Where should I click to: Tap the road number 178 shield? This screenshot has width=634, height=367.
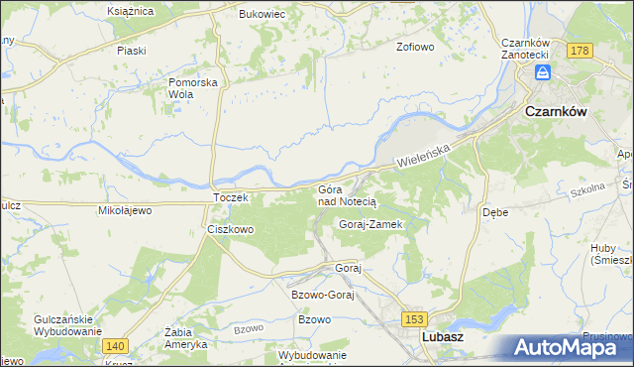pos(580,50)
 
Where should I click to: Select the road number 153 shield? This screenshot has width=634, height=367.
pos(414,317)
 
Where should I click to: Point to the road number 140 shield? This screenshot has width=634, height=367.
pos(114,344)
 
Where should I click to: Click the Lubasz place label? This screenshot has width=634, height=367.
pos(443,337)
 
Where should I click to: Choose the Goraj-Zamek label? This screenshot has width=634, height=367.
pos(370,225)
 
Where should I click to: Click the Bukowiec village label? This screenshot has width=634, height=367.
pos(263,15)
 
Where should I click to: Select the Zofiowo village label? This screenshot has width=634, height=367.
pos(416,47)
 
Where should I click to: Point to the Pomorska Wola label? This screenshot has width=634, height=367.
pos(192,88)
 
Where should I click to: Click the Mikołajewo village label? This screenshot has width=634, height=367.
pos(123,210)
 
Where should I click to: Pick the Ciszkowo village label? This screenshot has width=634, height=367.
pos(230,229)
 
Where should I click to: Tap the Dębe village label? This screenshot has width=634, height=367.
pos(495,212)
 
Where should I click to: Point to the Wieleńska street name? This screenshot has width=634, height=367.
pos(424,153)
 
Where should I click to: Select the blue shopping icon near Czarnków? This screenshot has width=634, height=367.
pos(542,72)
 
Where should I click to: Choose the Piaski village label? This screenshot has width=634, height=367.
pos(131,50)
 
